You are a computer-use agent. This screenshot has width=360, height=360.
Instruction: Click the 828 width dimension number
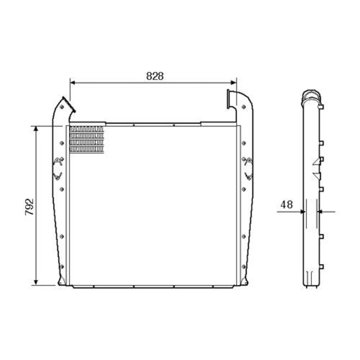click(x=155, y=76)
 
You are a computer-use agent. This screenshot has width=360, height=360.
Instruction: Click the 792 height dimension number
click(x=30, y=207)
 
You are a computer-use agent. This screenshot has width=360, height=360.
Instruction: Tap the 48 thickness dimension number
click(x=287, y=204)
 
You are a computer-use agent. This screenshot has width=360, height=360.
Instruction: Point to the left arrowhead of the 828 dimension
click(x=73, y=82)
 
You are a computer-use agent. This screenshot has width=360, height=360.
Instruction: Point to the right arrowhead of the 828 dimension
click(x=234, y=82)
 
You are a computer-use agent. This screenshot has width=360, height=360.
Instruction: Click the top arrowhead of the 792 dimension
click(x=36, y=129)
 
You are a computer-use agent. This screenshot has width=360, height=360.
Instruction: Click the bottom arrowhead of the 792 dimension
click(x=36, y=282)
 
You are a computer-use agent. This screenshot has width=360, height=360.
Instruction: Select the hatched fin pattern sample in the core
click(x=86, y=139)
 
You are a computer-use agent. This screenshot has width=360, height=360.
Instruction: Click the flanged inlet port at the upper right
click(x=229, y=99)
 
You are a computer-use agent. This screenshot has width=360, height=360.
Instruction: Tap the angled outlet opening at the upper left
click(x=69, y=104)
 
